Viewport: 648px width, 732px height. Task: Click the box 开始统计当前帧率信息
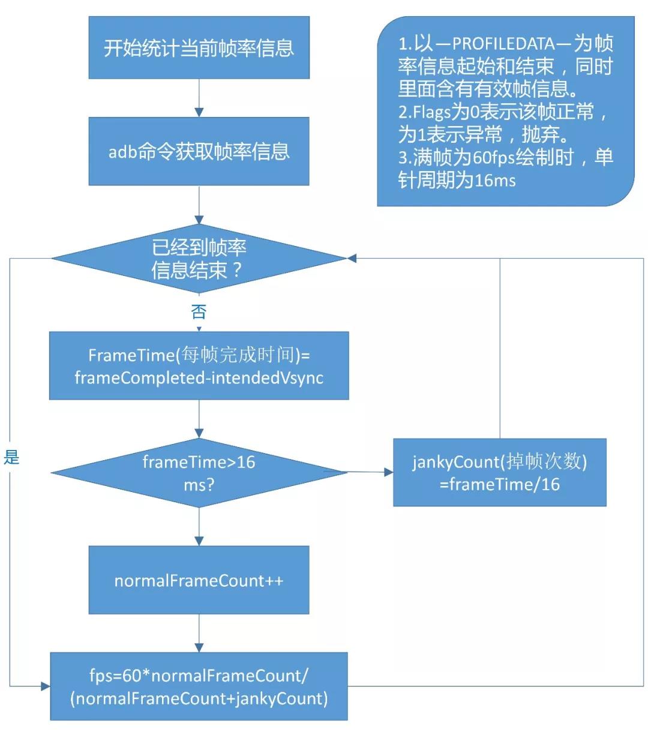199,47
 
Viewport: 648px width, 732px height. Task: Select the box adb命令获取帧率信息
199,151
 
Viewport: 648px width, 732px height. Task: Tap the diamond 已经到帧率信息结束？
199,259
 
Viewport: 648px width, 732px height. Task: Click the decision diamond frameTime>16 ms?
199,473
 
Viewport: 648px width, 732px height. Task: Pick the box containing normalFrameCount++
199,581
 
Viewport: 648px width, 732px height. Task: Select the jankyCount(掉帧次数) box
499,472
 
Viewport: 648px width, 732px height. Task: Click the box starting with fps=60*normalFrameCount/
199,686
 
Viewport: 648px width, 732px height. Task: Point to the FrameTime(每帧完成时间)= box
199,365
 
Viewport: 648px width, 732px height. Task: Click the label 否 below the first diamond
199,312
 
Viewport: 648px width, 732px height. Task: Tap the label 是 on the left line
11,457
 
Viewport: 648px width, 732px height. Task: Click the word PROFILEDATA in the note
503,44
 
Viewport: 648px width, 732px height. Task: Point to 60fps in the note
494,158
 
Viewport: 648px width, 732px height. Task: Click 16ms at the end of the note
495,180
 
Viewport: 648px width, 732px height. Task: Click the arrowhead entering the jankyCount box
389,472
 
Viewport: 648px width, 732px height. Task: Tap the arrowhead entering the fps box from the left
46,686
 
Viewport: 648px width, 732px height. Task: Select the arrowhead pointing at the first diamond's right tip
352,258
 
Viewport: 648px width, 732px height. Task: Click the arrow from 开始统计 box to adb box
199,98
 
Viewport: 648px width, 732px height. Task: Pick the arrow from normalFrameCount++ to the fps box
199,634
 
